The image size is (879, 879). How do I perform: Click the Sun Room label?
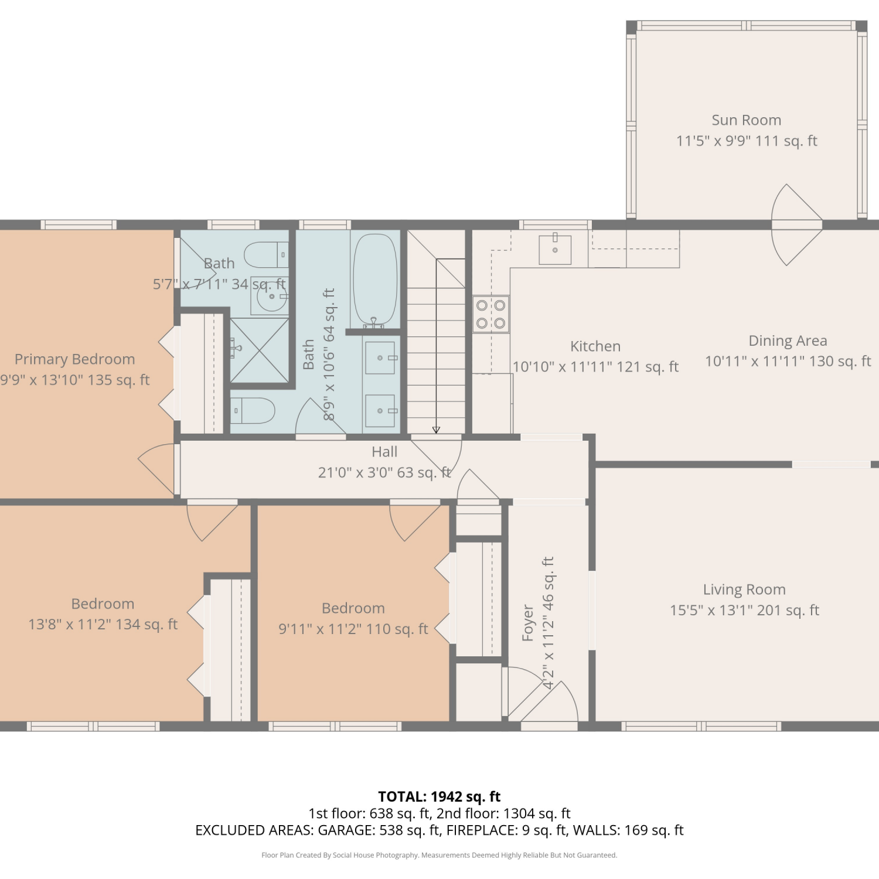tap(746, 120)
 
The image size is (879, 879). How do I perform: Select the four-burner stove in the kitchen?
tap(491, 314)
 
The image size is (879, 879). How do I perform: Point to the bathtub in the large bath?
tap(375, 281)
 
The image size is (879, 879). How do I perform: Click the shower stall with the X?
tap(259, 349)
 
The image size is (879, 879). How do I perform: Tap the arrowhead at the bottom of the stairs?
tap(436, 430)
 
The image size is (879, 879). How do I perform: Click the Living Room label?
tap(744, 590)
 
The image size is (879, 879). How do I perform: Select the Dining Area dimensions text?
tap(788, 361)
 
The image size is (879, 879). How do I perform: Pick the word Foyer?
tap(528, 622)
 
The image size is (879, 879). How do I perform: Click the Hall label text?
tap(384, 452)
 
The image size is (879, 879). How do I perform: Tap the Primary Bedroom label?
tap(74, 359)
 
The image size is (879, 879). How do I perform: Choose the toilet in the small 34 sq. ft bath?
tap(266, 255)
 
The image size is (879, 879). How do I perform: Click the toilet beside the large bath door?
tap(253, 411)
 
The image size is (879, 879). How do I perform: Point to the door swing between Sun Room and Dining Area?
tap(797, 224)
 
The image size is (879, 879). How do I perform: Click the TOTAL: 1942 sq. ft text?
tap(439, 796)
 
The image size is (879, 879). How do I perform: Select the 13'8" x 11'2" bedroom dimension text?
tap(103, 625)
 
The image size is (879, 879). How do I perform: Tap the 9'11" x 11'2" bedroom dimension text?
tap(353, 629)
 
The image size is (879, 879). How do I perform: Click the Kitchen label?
tap(595, 346)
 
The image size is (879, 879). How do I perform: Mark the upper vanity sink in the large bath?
tap(380, 357)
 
